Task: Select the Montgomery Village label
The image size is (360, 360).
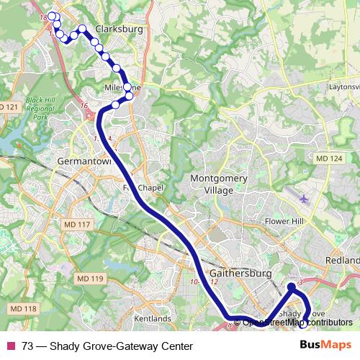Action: pos(218,184)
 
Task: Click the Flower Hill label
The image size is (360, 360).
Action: pos(286,221)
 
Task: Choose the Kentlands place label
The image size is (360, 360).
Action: pos(152,318)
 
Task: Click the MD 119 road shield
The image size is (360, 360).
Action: pos(90,278)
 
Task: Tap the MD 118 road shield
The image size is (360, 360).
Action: pos(24,309)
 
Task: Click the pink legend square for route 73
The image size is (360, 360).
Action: pos(11,346)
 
